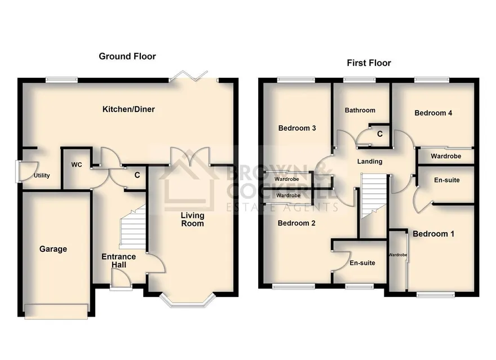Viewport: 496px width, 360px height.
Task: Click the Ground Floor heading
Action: point(127,56)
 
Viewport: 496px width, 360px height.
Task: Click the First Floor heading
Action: point(369,63)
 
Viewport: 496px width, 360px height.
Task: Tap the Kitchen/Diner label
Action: point(129,109)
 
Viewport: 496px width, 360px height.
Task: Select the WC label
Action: point(77,165)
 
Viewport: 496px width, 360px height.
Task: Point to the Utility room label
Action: point(42,175)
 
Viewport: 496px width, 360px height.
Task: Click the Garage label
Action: point(53,249)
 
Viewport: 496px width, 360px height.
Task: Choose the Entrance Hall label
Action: point(118,261)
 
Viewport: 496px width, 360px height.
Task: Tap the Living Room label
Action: point(192,219)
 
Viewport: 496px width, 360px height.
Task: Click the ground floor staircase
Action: point(132,226)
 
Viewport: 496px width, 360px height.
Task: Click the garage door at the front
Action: point(56,311)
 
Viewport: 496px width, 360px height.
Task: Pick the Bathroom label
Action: point(360,110)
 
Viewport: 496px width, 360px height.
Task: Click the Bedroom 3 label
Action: point(297,128)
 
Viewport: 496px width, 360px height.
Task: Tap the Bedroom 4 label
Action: point(433,113)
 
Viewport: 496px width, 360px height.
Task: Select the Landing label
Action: point(370,162)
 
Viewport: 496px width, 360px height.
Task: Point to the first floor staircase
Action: point(374,196)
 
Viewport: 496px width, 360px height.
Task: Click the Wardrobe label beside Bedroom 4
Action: point(446,156)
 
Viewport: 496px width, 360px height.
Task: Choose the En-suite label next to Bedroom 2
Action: point(362,263)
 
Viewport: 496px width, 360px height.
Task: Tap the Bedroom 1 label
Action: point(433,234)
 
